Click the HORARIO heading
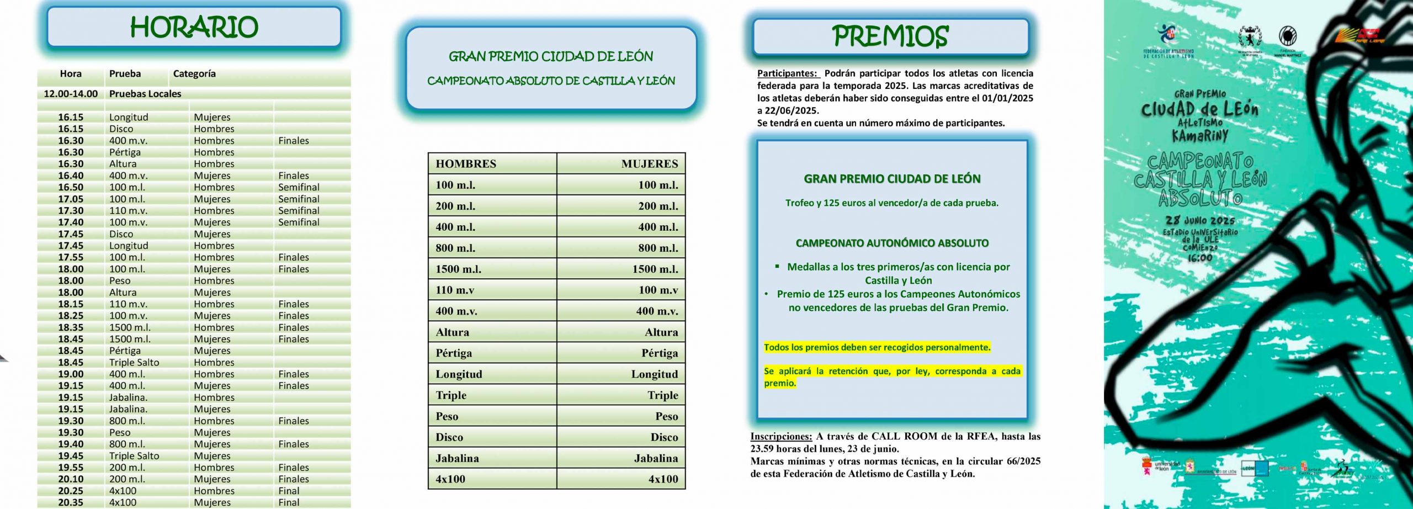tap(194, 27)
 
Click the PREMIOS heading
tap(890, 36)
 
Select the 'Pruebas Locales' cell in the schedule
tap(145, 94)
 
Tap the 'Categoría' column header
tap(194, 74)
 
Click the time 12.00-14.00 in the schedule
tap(71, 94)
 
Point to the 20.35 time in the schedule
tap(71, 502)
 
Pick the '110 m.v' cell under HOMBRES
tap(455, 290)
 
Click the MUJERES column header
tap(649, 164)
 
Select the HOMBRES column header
tap(466, 164)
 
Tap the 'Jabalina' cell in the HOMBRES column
tap(457, 458)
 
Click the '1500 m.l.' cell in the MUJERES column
tap(655, 269)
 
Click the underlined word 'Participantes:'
tap(787, 73)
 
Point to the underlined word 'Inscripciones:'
tap(781, 437)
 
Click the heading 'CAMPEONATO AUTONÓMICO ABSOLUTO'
tap(892, 243)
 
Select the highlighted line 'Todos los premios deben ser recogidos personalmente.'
tap(877, 347)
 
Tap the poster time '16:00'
tap(1200, 258)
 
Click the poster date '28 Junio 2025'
tap(1200, 220)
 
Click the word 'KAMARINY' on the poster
tap(1200, 136)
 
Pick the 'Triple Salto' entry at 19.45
tap(134, 456)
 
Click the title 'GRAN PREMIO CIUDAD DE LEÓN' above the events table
tap(550, 56)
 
